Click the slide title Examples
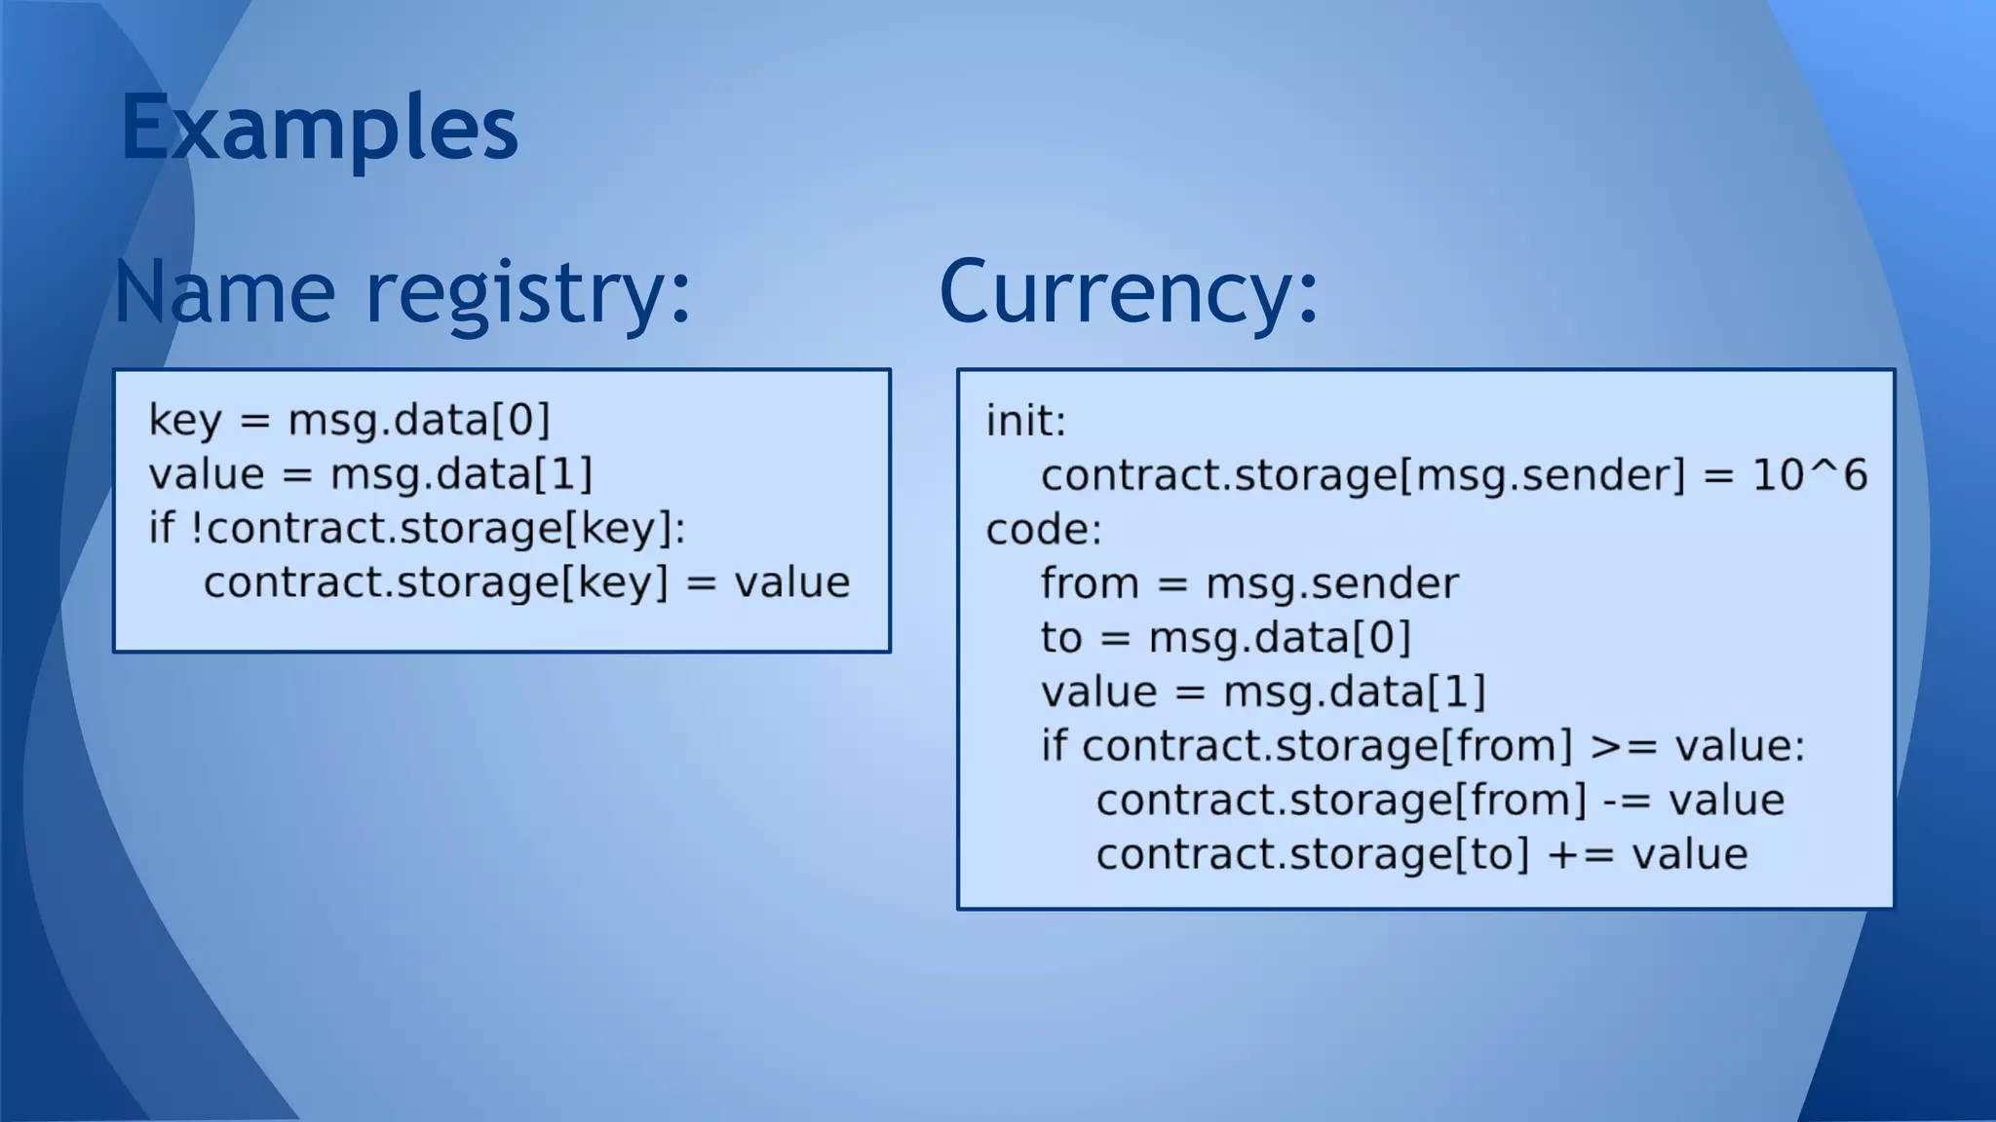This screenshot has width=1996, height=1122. click(319, 128)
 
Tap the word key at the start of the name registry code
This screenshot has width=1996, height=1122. click(185, 421)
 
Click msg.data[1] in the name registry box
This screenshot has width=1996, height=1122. click(461, 475)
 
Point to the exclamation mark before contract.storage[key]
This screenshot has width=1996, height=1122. click(197, 528)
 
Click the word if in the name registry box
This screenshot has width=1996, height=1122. click(161, 528)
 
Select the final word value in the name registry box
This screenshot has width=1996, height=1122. click(791, 582)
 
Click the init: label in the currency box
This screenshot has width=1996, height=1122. click(1025, 422)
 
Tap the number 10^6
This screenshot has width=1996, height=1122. click(1809, 475)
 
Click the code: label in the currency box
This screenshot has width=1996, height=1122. click(1043, 530)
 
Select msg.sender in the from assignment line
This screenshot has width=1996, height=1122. click(1331, 583)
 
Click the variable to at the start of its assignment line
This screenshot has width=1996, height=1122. click(1060, 638)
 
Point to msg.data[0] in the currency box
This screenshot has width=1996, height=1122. click(1280, 638)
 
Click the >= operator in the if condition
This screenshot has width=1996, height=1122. click(1623, 746)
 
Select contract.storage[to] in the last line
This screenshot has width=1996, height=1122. click(1312, 854)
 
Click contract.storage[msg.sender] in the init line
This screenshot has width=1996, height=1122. click(1363, 475)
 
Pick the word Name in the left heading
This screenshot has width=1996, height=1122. click(225, 292)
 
